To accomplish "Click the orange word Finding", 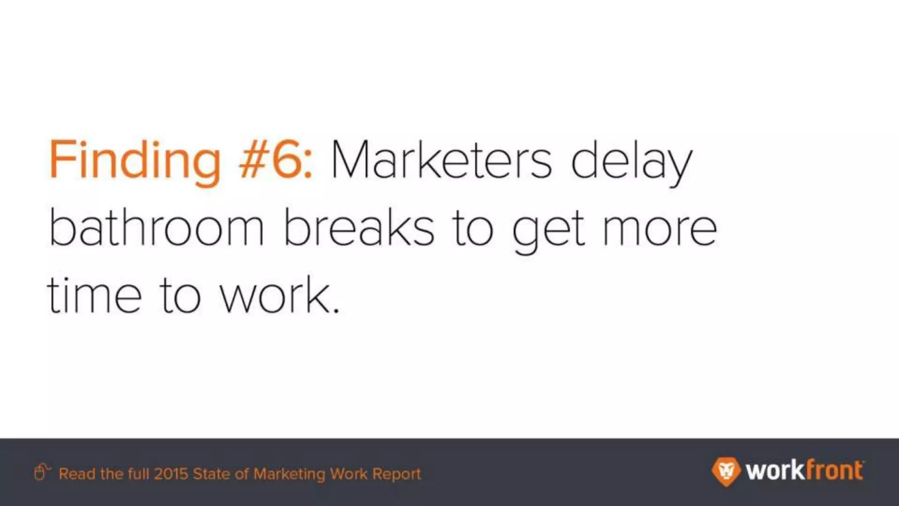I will click(134, 161).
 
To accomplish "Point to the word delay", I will click(631, 161).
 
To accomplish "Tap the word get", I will click(549, 231).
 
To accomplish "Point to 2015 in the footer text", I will click(171, 474).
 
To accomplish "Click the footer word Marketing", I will click(289, 474).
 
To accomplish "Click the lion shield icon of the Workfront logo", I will click(726, 471).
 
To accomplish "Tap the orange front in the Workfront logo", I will click(834, 471).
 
